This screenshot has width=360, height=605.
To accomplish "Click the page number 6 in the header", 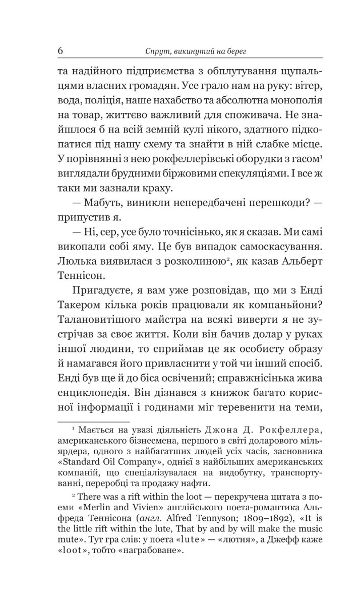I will (61, 50).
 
